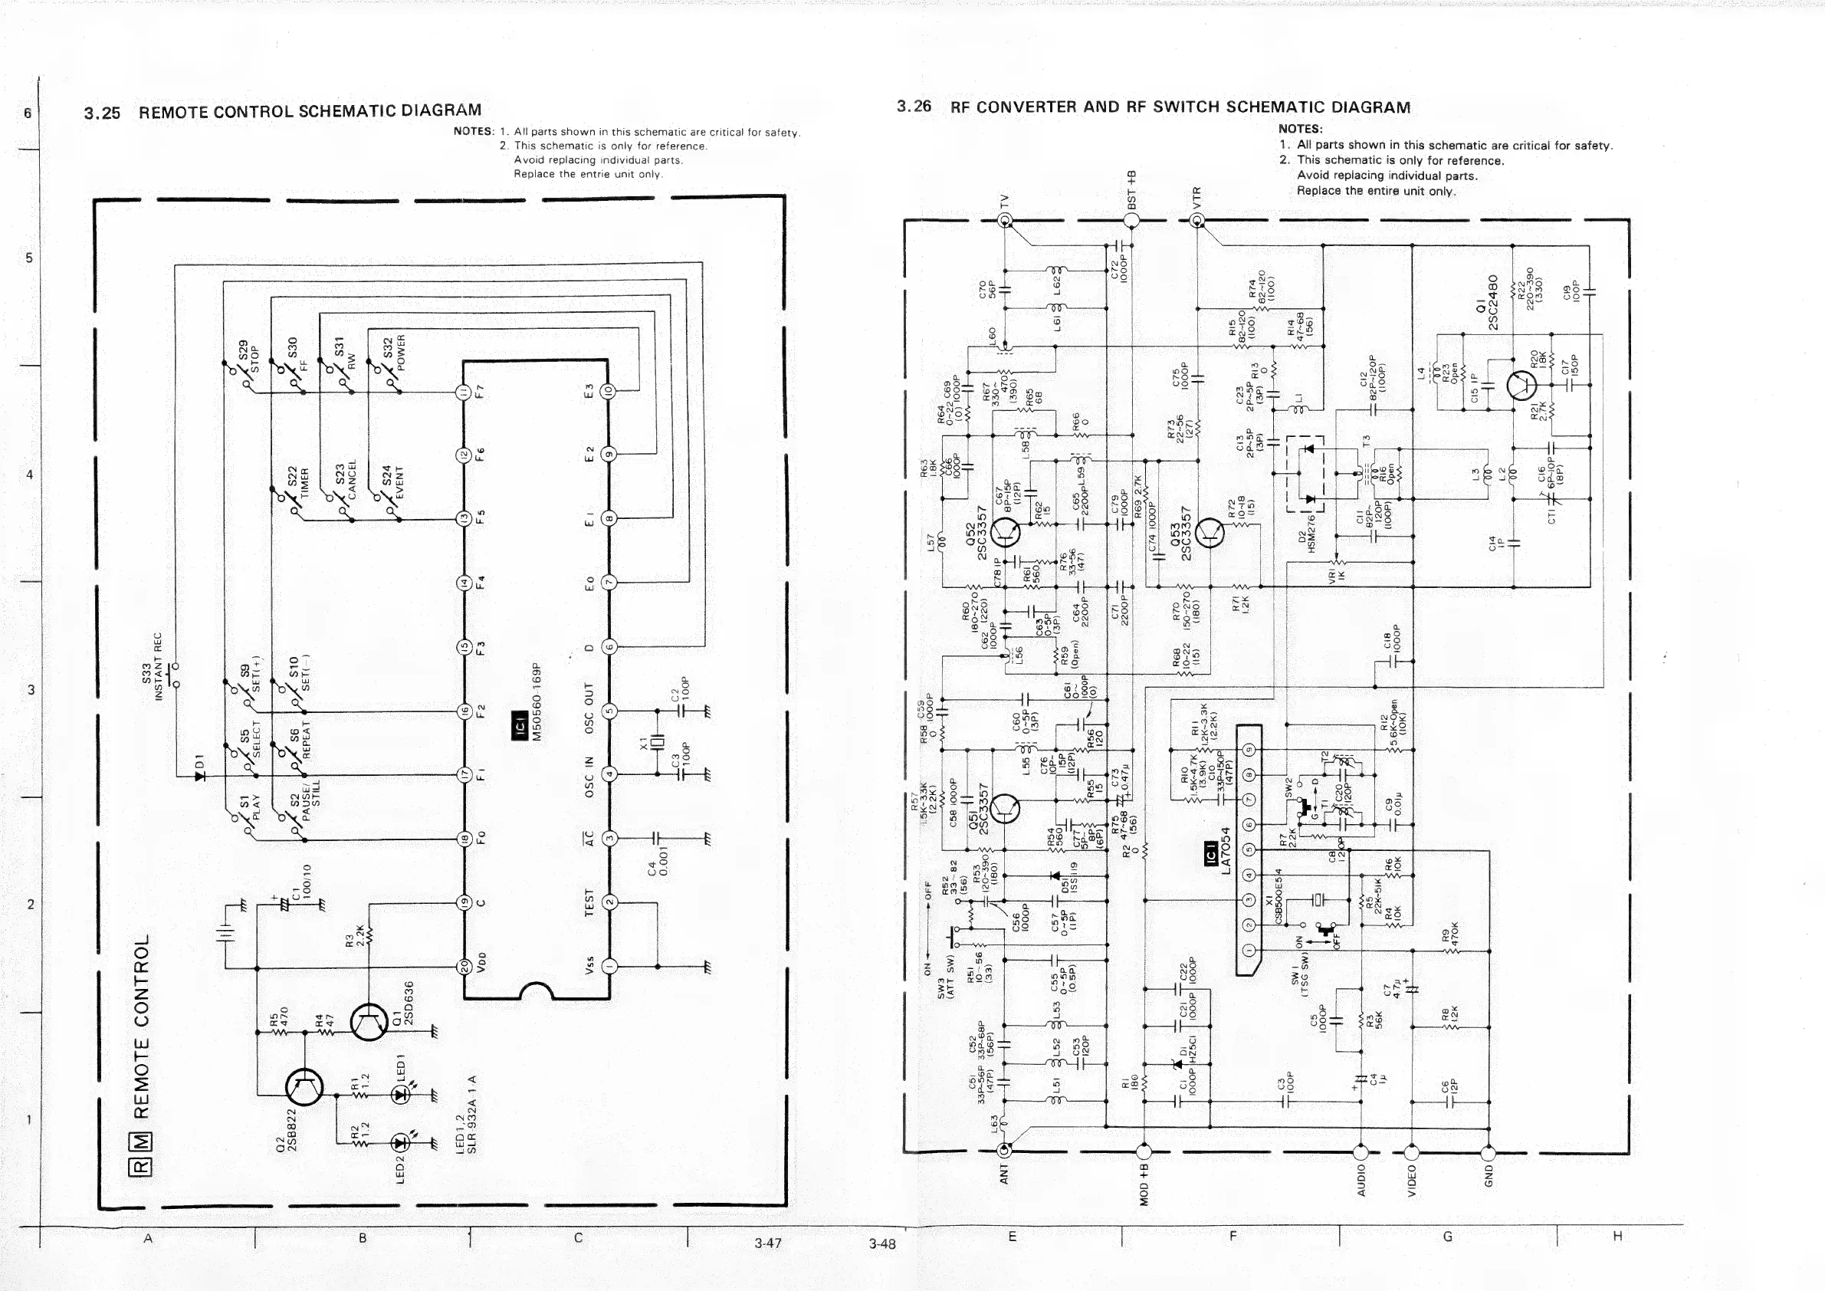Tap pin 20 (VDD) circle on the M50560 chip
click(x=464, y=967)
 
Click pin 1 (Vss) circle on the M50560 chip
click(x=609, y=967)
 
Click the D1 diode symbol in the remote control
click(x=199, y=775)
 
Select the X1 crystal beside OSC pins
click(x=656, y=744)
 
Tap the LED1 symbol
click(x=400, y=1095)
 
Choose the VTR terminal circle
click(x=1197, y=221)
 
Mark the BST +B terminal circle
click(x=1132, y=221)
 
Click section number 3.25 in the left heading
click(x=102, y=113)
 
